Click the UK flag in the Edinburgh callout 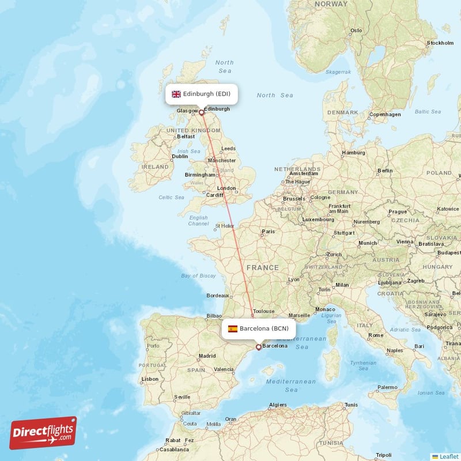pos(176,94)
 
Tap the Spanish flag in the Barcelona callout pos(233,328)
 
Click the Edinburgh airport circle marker pos(202,112)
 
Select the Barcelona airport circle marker pos(258,347)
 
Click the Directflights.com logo pos(43,433)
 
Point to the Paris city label pos(269,232)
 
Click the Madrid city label pos(207,356)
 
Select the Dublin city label pos(180,156)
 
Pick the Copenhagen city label pos(385,114)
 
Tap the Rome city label pos(376,335)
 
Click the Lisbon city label pos(150,379)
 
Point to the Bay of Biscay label pos(198,276)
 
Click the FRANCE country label pos(263,267)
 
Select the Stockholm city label pos(440,43)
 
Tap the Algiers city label pos(278,405)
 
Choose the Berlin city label pos(385,171)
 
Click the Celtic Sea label pos(171,197)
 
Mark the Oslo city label pos(357,31)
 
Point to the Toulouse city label pos(264,310)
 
